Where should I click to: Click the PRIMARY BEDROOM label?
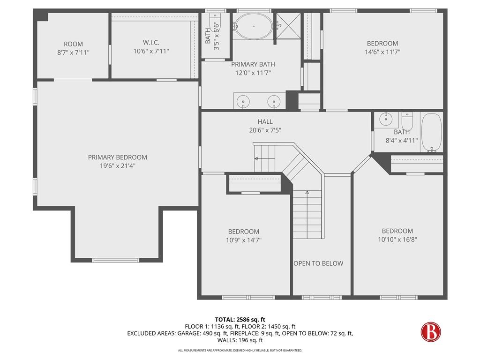point(118,157)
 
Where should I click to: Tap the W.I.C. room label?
point(151,43)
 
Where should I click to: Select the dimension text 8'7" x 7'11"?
point(73,52)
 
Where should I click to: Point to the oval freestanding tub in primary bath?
point(254,26)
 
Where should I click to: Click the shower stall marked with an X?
point(289,26)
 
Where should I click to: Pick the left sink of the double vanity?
point(243,101)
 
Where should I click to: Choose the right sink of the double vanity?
point(274,101)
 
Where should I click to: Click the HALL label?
point(265,122)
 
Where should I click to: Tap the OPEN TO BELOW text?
point(318,263)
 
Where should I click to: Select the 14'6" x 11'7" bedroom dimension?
point(382,52)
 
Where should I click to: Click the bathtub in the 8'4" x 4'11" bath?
point(432,133)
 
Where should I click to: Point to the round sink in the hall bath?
point(386,119)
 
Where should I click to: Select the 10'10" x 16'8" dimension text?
point(397,240)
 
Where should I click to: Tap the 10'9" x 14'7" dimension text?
point(244,240)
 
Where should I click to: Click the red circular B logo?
point(431,331)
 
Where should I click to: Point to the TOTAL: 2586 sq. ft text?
point(240,320)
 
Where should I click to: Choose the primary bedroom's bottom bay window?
point(115,260)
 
